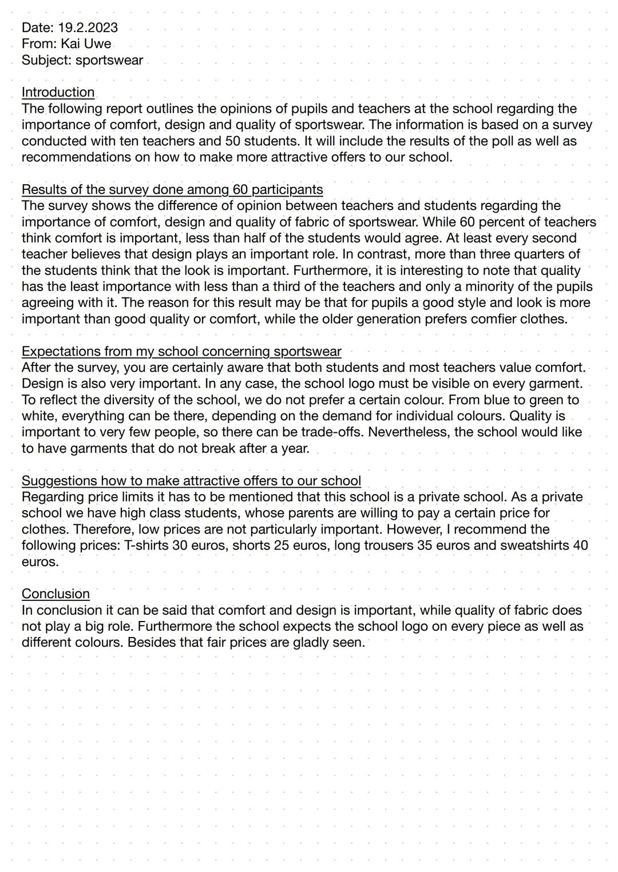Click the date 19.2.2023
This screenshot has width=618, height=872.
click(x=88, y=27)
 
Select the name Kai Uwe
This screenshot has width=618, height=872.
click(x=86, y=43)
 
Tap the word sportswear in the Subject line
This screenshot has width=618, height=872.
click(x=109, y=60)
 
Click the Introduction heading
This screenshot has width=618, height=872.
click(x=58, y=92)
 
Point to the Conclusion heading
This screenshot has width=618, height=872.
click(x=56, y=594)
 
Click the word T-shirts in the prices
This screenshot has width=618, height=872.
click(x=146, y=545)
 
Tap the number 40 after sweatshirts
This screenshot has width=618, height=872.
click(x=580, y=545)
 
